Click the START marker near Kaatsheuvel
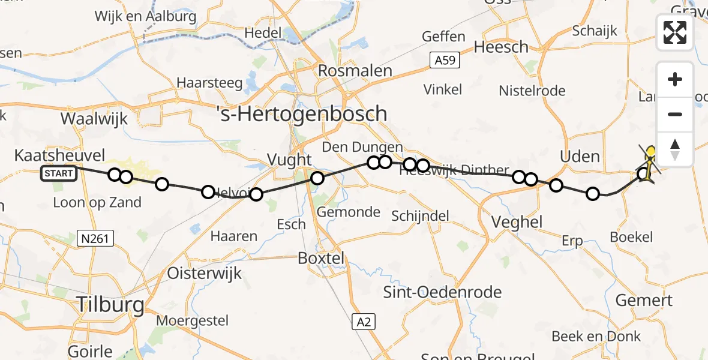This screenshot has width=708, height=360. pyautogui.click(x=59, y=174)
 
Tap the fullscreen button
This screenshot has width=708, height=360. pyautogui.click(x=675, y=32)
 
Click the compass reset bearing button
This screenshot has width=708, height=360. pyautogui.click(x=675, y=149)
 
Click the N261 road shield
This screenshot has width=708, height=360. pyautogui.click(x=96, y=239)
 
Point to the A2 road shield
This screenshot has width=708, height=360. pyautogui.click(x=364, y=322)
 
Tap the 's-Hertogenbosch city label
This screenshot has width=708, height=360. pyautogui.click(x=301, y=113)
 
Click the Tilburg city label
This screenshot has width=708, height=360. pyautogui.click(x=110, y=305)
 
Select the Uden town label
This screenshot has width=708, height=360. pyautogui.click(x=579, y=157)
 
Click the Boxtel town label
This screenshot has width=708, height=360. pyautogui.click(x=321, y=258)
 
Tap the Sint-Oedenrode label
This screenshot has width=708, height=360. pyautogui.click(x=443, y=292)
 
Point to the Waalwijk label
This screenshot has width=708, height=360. pyautogui.click(x=94, y=118)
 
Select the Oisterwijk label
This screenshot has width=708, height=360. pyautogui.click(x=204, y=273)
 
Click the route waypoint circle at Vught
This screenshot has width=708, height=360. pyautogui.click(x=317, y=178)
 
